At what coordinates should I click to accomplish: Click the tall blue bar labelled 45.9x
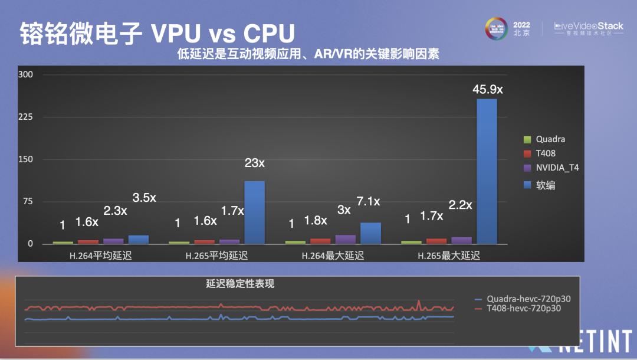click(x=487, y=171)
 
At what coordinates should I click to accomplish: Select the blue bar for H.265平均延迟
click(x=255, y=212)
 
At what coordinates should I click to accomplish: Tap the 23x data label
click(x=254, y=163)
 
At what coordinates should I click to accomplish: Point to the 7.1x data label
click(x=368, y=202)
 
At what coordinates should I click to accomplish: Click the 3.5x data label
click(x=144, y=198)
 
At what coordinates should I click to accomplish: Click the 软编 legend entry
click(x=545, y=185)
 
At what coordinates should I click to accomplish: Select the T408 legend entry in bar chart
click(x=546, y=153)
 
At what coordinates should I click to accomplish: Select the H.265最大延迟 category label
click(x=449, y=256)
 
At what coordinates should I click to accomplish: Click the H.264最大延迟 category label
click(x=333, y=256)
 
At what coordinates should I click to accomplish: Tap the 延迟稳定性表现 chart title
click(x=240, y=284)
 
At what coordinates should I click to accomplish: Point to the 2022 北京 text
click(x=521, y=29)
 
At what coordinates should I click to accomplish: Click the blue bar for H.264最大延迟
click(x=370, y=233)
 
